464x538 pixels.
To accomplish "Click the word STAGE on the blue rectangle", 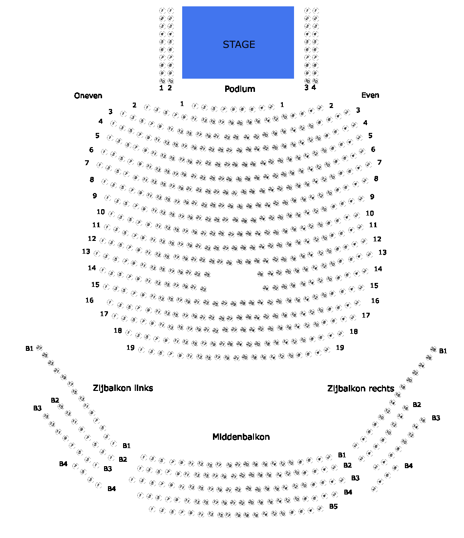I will coord(239,44).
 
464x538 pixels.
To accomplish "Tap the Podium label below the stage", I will coord(240,89).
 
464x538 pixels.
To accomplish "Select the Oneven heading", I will coord(88,95).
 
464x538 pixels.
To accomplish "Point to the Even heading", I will coord(370,95).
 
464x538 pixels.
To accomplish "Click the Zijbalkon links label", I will coord(123,388).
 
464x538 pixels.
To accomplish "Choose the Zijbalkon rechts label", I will coord(360,388).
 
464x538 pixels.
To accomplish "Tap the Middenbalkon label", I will coord(241,437).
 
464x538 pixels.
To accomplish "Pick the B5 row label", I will coord(333,506).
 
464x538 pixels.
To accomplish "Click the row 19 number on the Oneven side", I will coord(130,347).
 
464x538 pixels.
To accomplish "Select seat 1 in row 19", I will coord(141,350).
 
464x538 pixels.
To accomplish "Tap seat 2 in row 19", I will coord(327,350).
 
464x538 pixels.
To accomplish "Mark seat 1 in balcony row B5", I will coord(152,509).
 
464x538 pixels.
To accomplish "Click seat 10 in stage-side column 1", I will coord(162,81).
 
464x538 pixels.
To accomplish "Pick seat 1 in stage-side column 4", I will coord(315,10).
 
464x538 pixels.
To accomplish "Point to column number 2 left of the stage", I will coord(169,88).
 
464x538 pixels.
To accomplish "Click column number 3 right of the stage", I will coord(306,88).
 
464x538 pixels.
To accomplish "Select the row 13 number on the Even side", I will coord(382,252).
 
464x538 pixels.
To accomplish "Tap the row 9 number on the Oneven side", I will coord(94,195).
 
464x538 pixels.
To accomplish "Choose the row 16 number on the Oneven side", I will coord(89,300).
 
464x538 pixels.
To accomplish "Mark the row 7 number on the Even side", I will coord(379,162).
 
